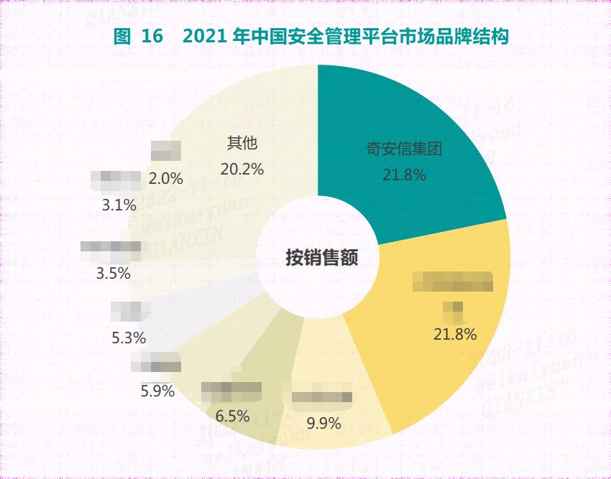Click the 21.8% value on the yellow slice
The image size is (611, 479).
455,334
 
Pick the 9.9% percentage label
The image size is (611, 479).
323,422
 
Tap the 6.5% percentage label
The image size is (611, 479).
232,415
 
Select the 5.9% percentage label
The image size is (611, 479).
157,391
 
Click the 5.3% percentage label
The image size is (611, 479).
129,337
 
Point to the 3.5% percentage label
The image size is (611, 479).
113,273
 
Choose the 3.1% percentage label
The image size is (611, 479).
119,205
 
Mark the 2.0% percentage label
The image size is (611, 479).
166,177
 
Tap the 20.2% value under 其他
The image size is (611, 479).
242,169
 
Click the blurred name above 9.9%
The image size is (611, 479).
322,397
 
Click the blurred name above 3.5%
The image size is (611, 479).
111,248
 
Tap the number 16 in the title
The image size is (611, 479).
152,37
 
